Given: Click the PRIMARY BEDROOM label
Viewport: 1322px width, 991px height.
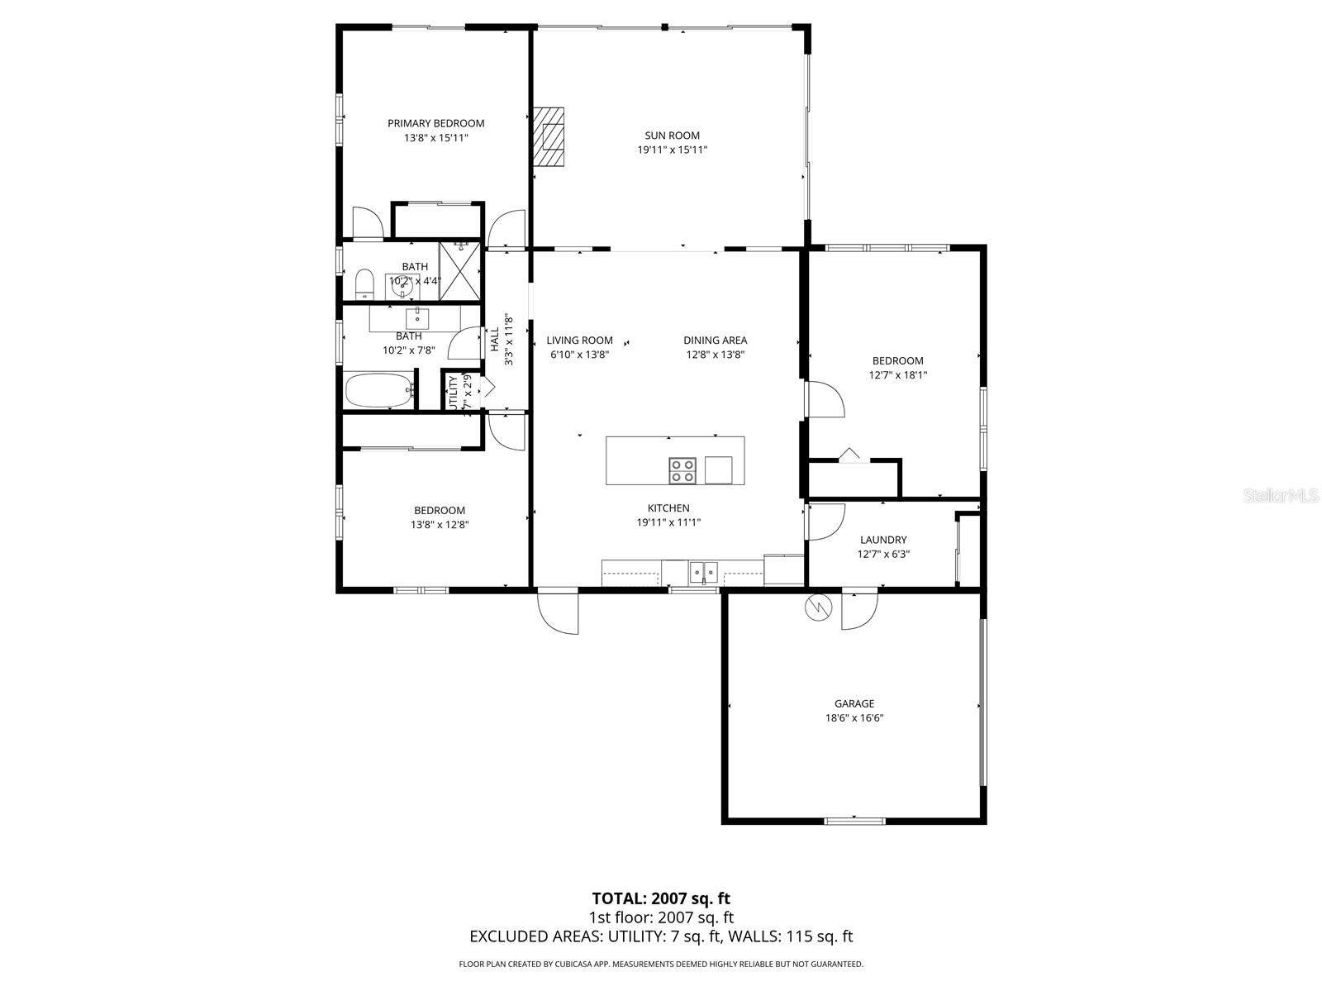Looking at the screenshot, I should [435, 123].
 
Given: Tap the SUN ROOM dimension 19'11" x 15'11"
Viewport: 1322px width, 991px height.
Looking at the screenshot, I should [672, 150].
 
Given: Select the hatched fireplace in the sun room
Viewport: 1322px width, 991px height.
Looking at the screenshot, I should [548, 137].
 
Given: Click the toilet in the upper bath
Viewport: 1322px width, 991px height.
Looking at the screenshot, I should [364, 285].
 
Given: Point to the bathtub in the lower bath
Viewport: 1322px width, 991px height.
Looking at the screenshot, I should [379, 390].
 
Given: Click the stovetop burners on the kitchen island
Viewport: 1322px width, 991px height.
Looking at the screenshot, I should [682, 470].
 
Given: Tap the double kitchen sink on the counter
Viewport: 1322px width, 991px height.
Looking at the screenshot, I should [704, 570].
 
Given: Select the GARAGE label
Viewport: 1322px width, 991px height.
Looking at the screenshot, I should [854, 703].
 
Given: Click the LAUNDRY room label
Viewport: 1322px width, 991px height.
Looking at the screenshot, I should [882, 540].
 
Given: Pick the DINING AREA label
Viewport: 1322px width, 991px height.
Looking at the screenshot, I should [715, 340].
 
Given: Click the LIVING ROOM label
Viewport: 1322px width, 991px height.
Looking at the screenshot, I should [579, 340].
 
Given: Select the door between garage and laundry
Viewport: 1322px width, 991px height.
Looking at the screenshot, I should [859, 611].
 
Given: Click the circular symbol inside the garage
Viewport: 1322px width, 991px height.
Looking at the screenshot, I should [816, 607].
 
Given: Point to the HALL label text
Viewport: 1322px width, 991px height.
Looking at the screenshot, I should [494, 340].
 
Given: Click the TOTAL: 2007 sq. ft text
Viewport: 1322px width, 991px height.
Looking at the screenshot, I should [661, 898].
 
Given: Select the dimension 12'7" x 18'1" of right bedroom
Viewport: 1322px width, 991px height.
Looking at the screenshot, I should [897, 374].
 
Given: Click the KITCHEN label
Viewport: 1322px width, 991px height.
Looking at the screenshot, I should [668, 508].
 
